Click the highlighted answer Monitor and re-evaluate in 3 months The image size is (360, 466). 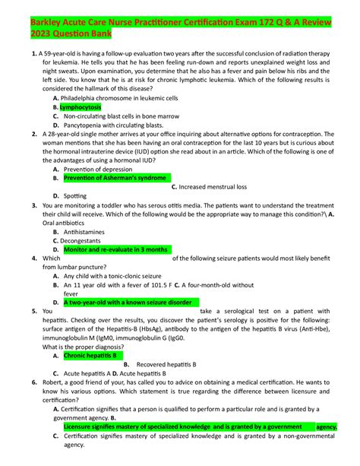click(x=115, y=249)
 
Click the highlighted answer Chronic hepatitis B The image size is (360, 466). click(x=90, y=355)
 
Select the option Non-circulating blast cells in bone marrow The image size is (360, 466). click(x=119, y=116)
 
